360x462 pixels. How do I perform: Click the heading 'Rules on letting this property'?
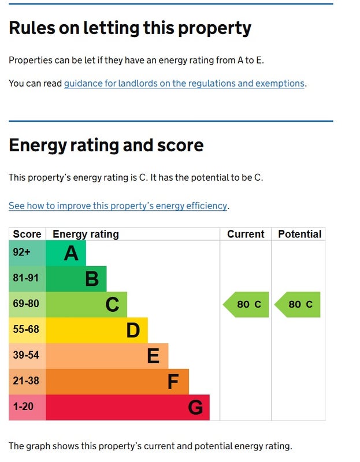[130, 28]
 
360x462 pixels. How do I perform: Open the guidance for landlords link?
[184, 83]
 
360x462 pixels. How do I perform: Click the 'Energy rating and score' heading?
[106, 145]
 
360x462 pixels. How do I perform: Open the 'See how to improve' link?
[118, 206]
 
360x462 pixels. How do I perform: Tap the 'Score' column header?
[27, 234]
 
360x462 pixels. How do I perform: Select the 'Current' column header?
[246, 234]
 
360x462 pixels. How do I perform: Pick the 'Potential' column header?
[299, 234]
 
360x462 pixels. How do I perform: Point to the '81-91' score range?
[25, 278]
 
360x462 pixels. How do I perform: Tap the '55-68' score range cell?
[25, 330]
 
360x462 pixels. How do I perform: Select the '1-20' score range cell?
[23, 407]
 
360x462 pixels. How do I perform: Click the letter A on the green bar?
[71, 253]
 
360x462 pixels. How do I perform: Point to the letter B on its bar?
[92, 279]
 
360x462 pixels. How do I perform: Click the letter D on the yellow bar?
[133, 330]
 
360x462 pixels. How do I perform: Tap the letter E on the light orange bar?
[153, 356]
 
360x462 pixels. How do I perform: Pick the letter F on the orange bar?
[173, 382]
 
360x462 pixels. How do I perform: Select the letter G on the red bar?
[195, 408]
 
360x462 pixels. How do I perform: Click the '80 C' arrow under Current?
[247, 304]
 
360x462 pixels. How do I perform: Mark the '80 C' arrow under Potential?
[298, 304]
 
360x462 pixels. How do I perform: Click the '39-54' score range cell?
[25, 356]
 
